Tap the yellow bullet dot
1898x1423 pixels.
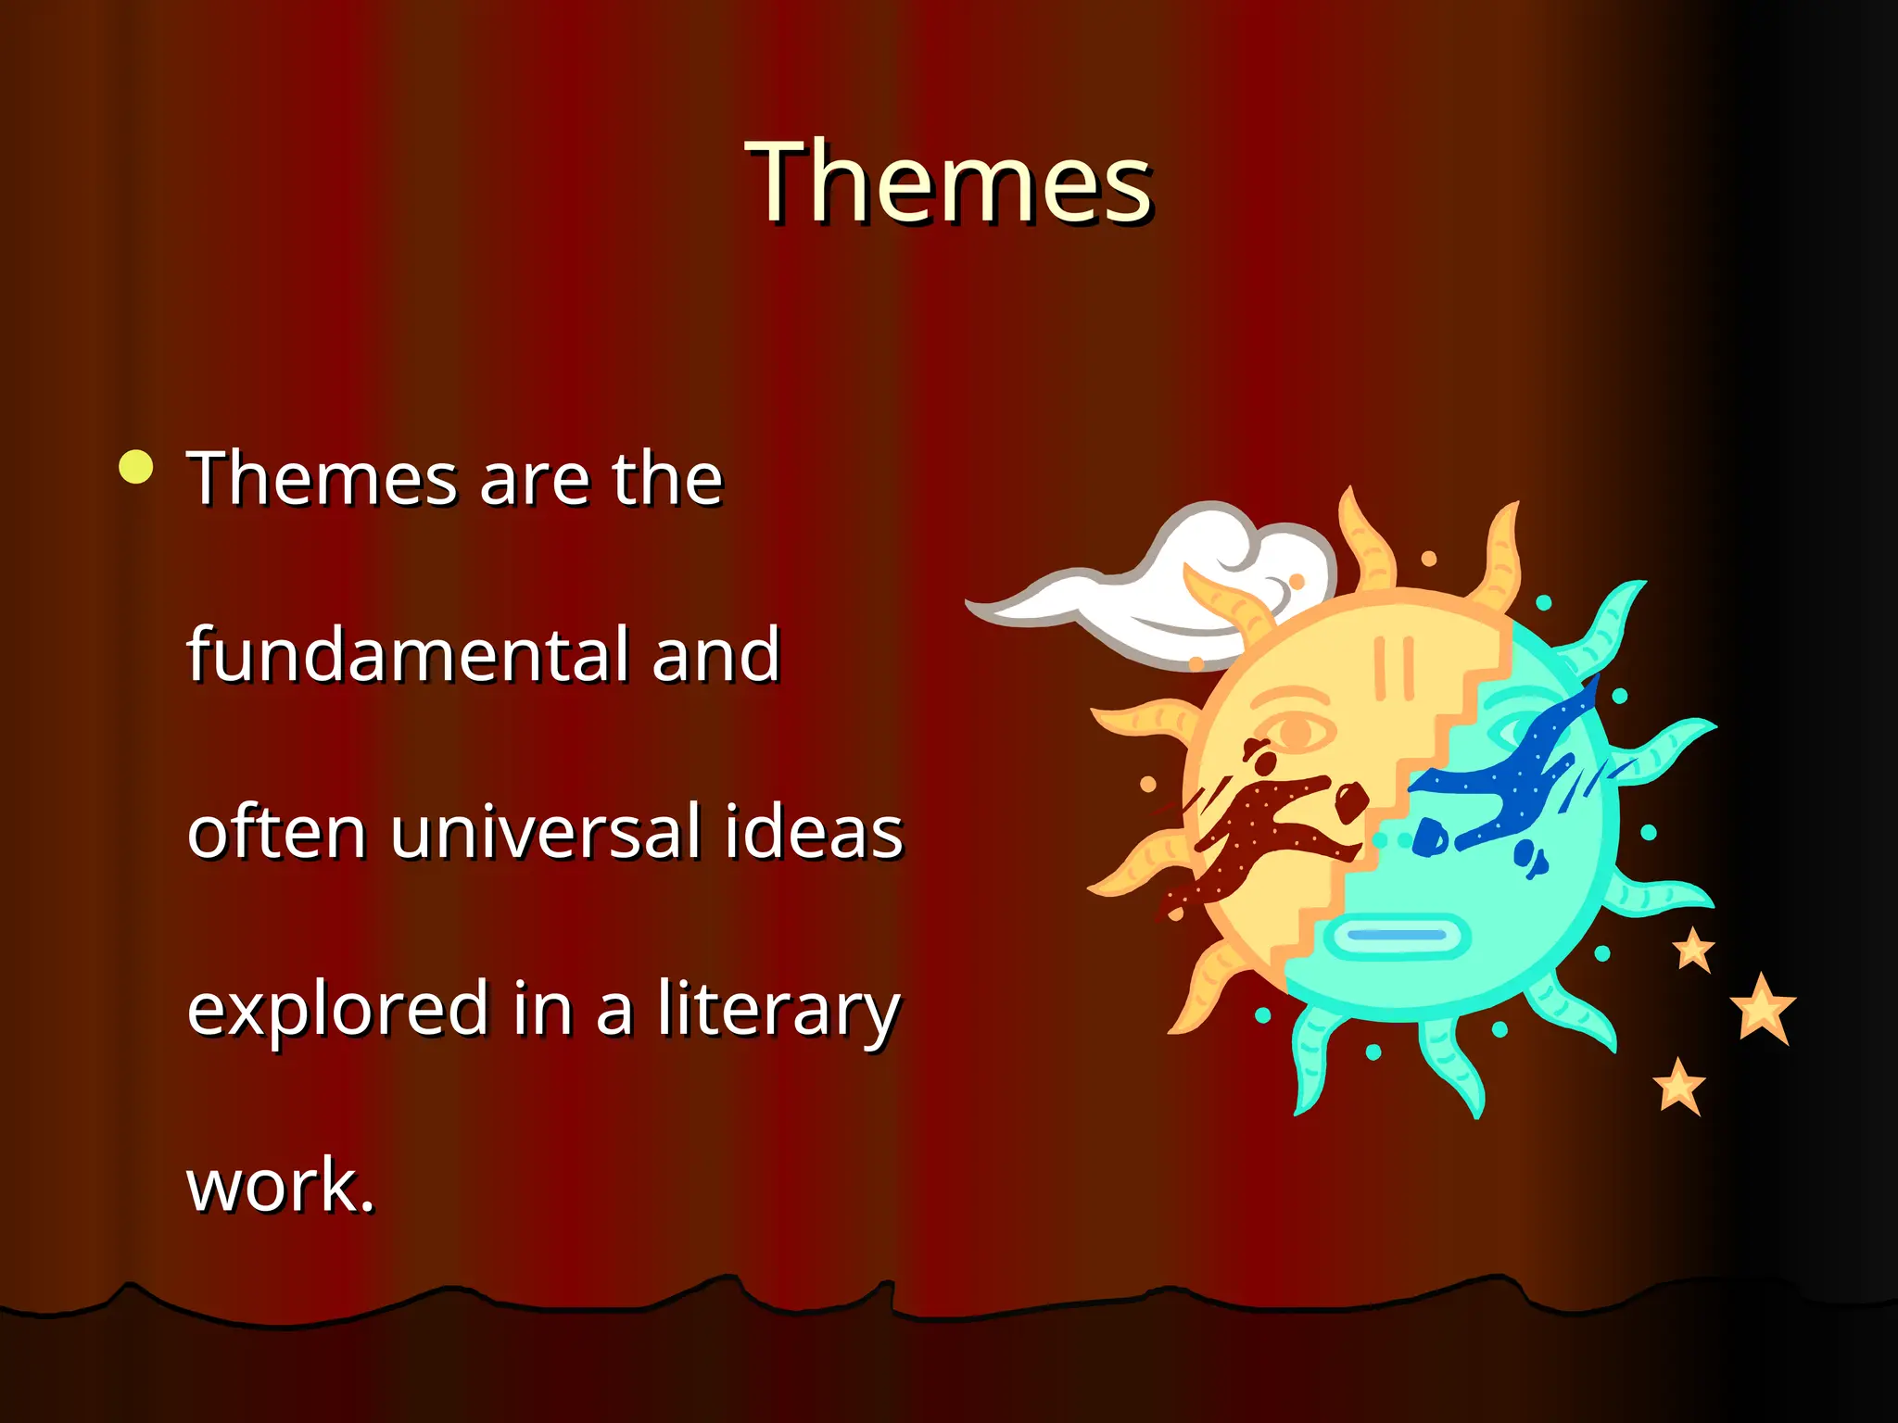pyautogui.click(x=136, y=467)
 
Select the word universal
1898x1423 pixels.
pyautogui.click(x=545, y=831)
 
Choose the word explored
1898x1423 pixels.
pyautogui.click(x=337, y=1008)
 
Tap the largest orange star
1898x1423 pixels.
pyautogui.click(x=1762, y=1009)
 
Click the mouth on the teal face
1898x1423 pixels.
pyautogui.click(x=1397, y=936)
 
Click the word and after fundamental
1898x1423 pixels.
pyautogui.click(x=715, y=655)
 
